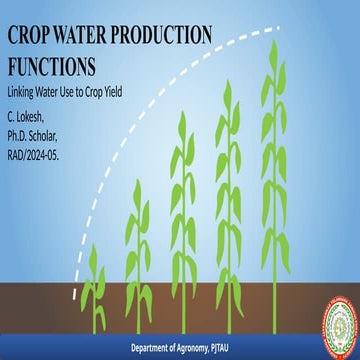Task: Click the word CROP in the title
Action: coord(31,34)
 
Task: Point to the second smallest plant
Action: coord(139,250)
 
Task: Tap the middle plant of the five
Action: coord(182,220)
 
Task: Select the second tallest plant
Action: coord(227,200)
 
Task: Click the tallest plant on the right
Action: coord(274,180)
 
